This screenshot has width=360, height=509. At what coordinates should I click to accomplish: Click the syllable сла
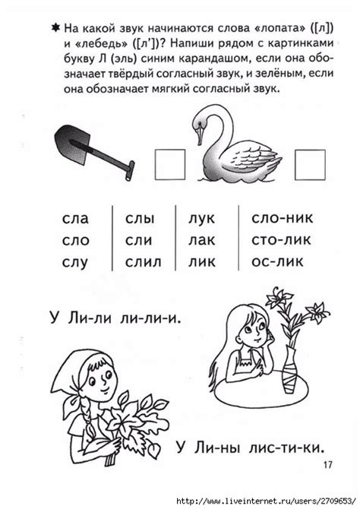pyautogui.click(x=75, y=219)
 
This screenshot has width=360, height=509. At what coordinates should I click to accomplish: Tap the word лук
pyautogui.click(x=201, y=219)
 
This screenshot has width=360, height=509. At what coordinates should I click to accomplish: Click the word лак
pyautogui.click(x=201, y=240)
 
